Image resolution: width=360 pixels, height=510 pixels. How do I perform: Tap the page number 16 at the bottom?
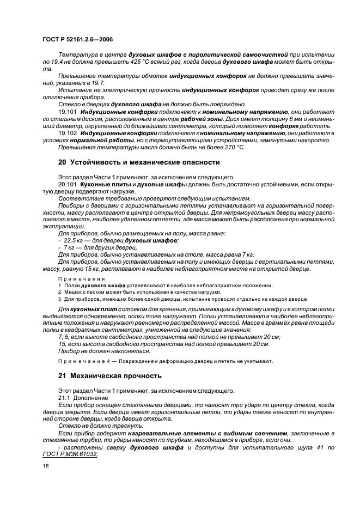pyautogui.click(x=46, y=466)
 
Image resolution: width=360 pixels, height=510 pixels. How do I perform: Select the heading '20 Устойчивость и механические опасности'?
pyautogui.click(x=138, y=162)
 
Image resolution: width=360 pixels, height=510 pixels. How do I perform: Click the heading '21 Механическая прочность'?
pyautogui.click(x=110, y=376)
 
